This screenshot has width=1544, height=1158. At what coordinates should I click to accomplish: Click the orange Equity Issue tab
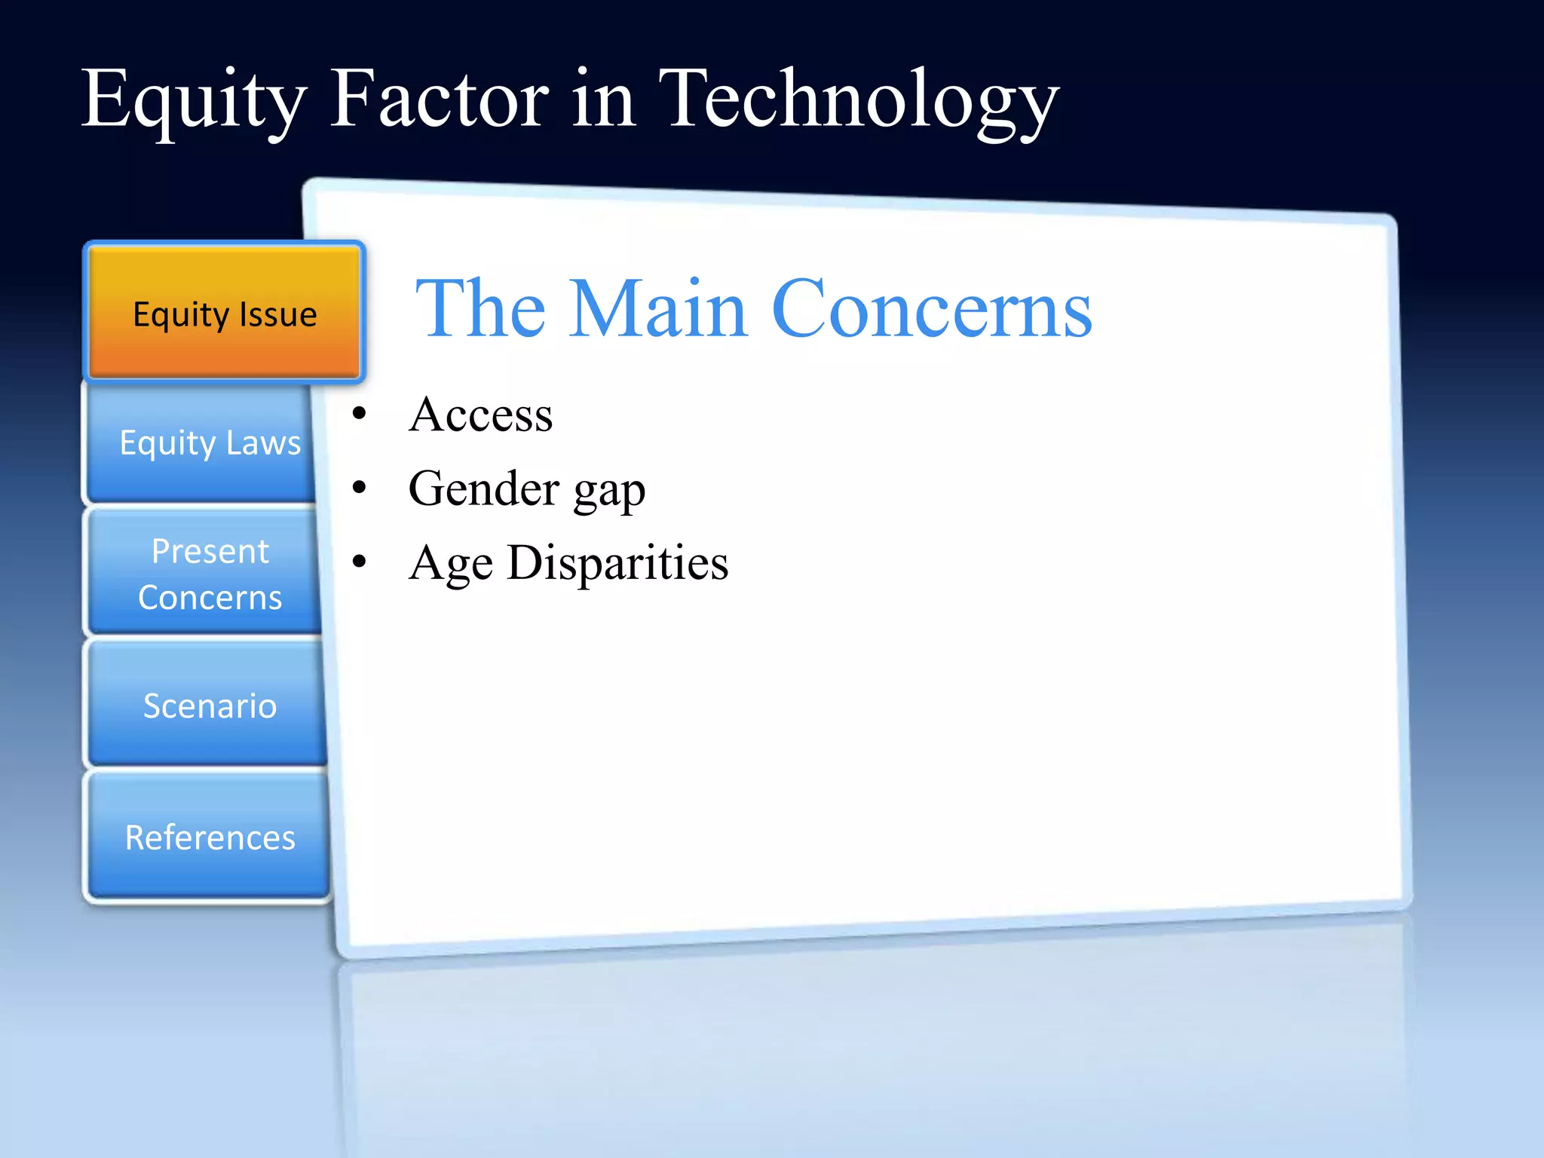225,313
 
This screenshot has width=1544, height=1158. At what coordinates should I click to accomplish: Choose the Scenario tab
210,706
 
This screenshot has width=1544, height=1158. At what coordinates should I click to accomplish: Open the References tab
210,837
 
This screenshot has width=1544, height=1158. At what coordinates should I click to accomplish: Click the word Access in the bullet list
480,415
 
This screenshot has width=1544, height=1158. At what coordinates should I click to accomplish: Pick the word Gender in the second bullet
483,489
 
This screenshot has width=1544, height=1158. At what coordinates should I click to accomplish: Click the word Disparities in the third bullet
617,562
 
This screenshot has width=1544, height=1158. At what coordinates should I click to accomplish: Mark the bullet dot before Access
360,414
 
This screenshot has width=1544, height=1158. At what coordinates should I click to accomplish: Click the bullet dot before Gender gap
360,488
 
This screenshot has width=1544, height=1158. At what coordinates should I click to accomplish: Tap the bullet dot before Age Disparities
360,562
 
